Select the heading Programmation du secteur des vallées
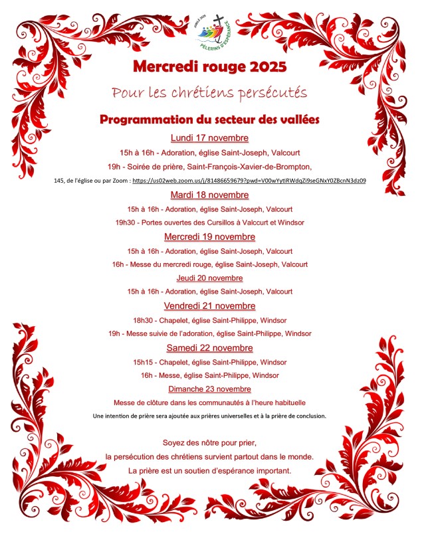pos(209,120)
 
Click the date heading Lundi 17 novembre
pos(209,138)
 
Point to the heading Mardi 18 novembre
pos(209,195)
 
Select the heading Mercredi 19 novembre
pos(209,236)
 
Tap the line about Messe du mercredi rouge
pos(209,264)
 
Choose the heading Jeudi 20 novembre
pos(209,278)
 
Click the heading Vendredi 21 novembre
pos(209,306)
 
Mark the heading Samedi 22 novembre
pos(209,347)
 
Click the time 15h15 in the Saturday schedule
pos(143,362)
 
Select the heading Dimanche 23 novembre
pos(209,389)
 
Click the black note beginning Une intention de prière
pos(209,416)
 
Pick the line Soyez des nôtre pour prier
pos(209,443)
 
